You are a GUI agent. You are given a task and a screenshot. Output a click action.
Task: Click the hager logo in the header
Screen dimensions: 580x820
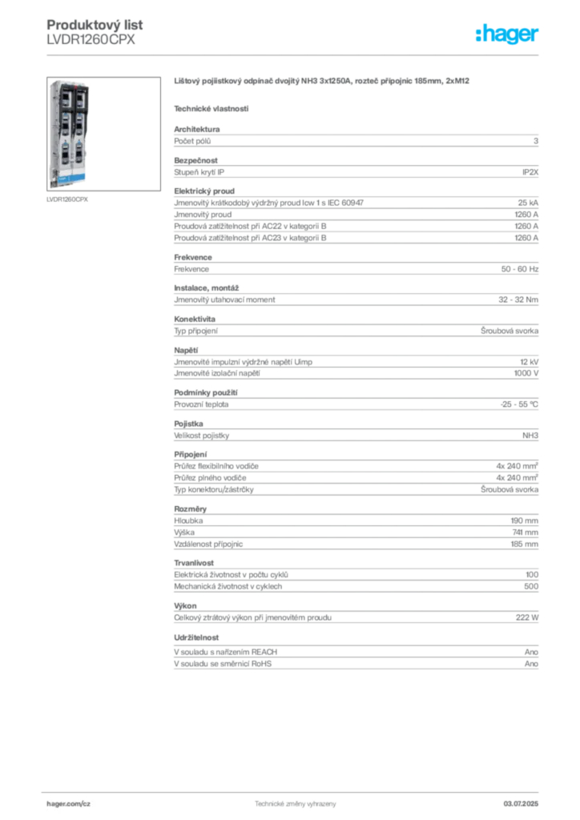(507, 34)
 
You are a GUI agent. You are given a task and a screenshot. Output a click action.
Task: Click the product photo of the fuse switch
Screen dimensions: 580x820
(103, 134)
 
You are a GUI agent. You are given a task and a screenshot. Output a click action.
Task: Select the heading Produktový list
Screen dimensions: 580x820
(95, 25)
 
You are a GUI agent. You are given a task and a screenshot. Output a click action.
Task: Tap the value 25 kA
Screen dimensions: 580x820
(528, 203)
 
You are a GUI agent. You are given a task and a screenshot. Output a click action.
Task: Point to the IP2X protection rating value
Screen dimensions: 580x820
(530, 172)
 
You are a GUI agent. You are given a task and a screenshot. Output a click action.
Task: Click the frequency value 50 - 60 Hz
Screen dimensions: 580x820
(519, 269)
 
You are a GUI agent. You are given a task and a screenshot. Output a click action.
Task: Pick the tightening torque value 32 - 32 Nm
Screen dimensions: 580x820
(518, 299)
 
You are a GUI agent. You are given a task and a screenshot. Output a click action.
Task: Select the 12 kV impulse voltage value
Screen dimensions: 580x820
(530, 362)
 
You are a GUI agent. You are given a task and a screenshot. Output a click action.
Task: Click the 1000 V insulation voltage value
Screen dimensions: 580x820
(526, 373)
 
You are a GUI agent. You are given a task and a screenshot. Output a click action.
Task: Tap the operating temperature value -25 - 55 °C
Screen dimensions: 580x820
(519, 404)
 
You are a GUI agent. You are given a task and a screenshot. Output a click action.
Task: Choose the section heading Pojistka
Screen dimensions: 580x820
(188, 424)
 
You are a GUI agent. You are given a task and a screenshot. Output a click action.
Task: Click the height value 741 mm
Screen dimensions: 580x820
(525, 533)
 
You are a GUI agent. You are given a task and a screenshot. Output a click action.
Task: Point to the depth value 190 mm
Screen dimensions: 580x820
(525, 521)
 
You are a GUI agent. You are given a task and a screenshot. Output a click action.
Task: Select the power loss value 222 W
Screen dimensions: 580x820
(527, 617)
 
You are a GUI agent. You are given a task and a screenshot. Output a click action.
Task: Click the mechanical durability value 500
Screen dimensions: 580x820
(531, 587)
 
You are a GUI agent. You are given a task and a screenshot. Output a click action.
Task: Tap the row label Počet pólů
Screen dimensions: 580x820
(192, 141)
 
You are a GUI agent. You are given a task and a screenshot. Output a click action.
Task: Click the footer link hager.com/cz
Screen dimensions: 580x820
(69, 804)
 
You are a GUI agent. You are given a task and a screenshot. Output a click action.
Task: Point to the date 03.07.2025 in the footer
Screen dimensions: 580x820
(521, 804)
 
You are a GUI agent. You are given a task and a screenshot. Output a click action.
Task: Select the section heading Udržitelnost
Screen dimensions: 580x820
(196, 637)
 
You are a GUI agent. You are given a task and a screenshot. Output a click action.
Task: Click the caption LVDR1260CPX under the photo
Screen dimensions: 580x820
(67, 199)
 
